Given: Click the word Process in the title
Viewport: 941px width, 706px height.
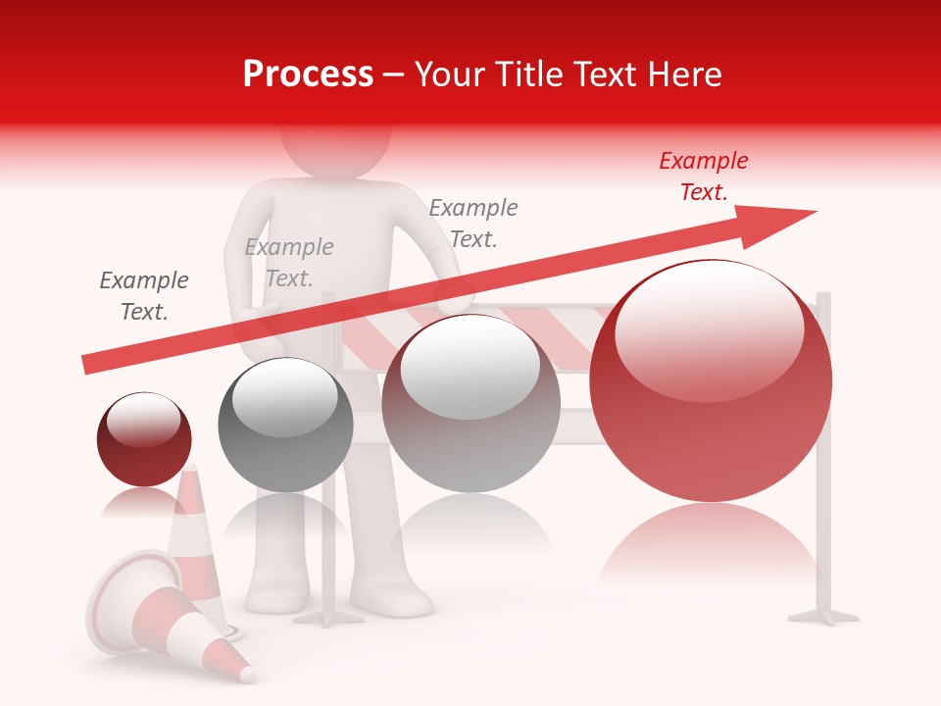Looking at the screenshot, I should tap(308, 75).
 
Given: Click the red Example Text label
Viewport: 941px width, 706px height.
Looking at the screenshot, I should tap(703, 176).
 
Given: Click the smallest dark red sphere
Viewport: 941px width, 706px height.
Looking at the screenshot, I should tap(144, 439).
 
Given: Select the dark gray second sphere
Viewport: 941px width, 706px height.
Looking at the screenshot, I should tap(285, 425).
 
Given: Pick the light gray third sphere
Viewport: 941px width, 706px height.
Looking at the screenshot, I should tap(470, 403).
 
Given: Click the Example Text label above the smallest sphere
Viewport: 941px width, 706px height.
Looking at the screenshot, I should tap(144, 296).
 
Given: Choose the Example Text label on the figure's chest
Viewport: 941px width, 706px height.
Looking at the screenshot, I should tap(289, 263).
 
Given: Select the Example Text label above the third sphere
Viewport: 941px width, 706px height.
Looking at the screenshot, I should tap(473, 224).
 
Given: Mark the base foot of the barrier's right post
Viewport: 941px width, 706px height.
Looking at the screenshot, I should tap(823, 616).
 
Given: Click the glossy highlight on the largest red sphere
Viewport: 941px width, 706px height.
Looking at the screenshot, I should tap(709, 328).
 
